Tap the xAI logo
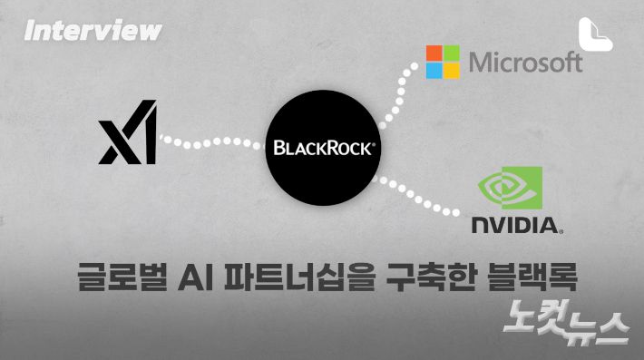click(128, 135)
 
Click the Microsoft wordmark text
click(525, 62)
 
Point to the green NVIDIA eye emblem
click(511, 187)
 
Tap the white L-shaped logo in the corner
click(597, 33)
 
